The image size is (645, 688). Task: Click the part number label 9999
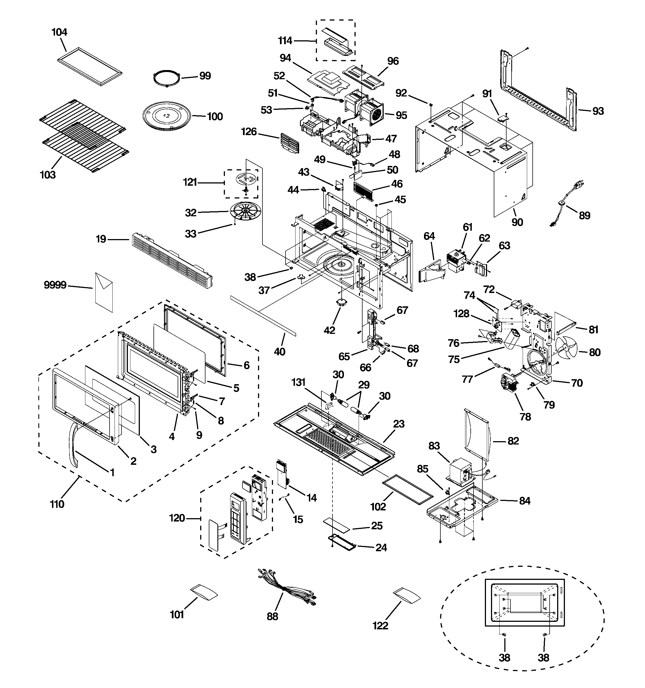(55, 285)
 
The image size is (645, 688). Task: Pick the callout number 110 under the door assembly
(57, 504)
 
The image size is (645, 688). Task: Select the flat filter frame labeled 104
(90, 66)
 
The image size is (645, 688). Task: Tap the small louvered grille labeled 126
(290, 143)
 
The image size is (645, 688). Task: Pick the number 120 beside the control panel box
(177, 518)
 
